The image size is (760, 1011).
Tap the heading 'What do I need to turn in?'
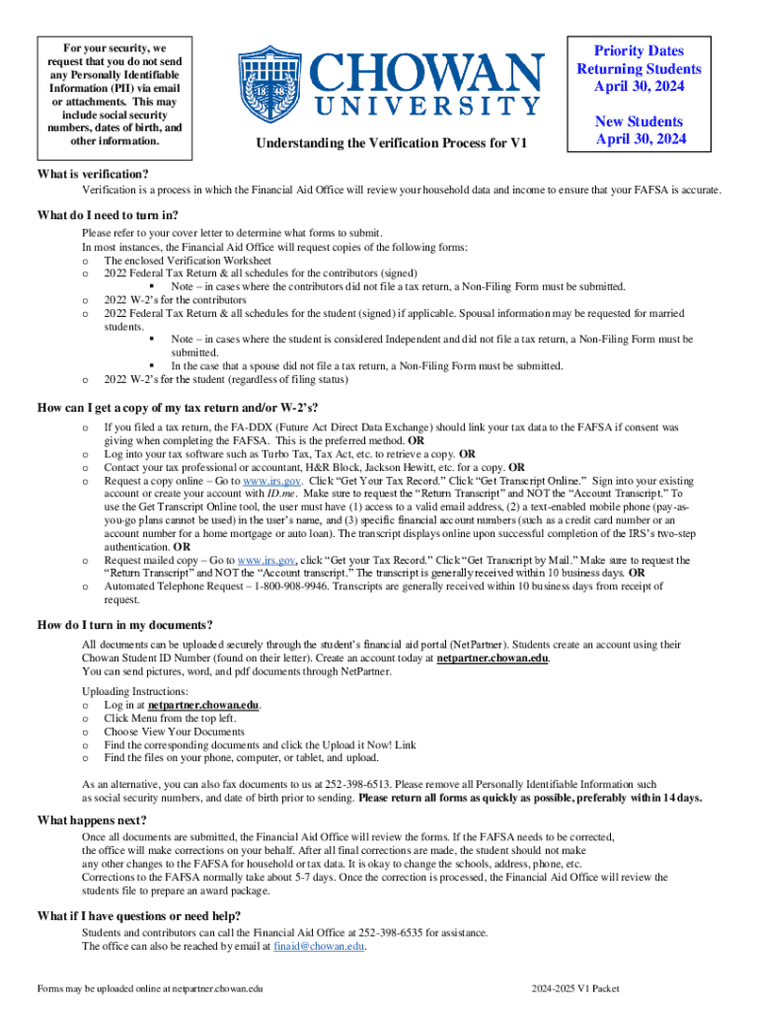(108, 216)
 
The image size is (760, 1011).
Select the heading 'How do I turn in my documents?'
(124, 625)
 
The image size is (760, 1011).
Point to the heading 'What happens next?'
(92, 820)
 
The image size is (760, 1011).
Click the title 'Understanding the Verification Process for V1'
(392, 144)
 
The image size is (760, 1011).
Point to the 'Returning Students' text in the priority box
(639, 69)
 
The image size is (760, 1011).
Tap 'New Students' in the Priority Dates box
(639, 121)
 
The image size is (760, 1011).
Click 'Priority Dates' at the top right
(639, 51)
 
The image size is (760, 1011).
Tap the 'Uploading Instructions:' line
(134, 691)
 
